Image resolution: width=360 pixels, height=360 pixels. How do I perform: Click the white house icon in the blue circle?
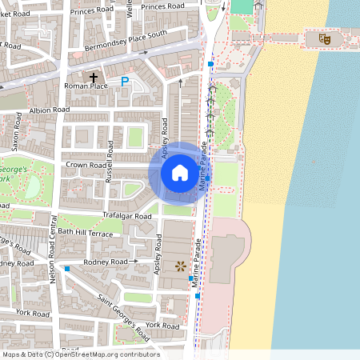coord(180,172)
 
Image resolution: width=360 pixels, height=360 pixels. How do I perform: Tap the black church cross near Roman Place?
coord(94,78)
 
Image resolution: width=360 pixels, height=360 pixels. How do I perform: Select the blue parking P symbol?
coord(124,81)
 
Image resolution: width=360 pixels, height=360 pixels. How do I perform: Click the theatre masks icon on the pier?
coord(325,38)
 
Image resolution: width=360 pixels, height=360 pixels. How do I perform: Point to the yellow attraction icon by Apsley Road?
coord(180,265)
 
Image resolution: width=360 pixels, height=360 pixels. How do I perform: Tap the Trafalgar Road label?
coord(126,216)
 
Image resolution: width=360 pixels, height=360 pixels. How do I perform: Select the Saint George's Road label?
coord(124,313)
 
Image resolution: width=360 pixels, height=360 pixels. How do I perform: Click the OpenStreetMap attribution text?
coord(81,354)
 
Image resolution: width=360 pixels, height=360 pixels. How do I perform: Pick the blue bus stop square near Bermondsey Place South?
coord(210,63)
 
